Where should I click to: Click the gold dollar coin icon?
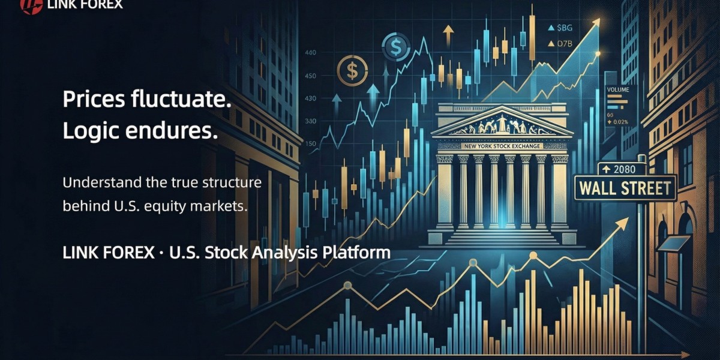click(349, 69)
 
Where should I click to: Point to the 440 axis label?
click(311, 53)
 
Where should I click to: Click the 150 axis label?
click(310, 144)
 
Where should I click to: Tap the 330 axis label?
click(310, 121)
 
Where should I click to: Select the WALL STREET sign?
click(625, 188)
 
